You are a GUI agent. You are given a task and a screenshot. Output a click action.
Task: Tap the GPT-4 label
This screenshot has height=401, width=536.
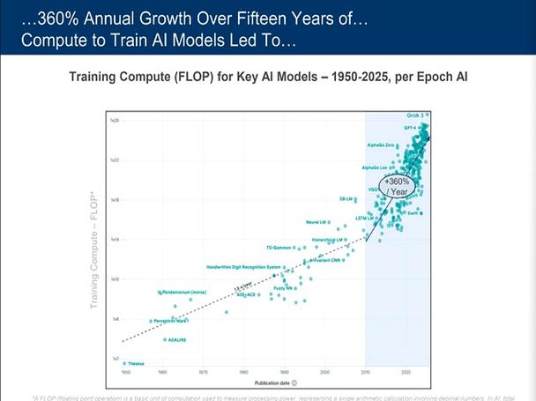click(411, 128)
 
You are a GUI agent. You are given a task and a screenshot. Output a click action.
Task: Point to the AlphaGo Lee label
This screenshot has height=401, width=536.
click(377, 167)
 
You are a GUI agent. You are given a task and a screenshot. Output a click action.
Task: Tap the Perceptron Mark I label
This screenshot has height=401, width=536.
click(173, 321)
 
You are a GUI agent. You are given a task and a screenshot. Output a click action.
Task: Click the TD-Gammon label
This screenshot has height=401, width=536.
click(279, 248)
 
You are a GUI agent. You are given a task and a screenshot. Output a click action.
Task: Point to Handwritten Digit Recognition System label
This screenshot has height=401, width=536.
click(243, 266)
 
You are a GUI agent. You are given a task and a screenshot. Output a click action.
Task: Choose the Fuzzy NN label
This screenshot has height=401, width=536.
click(283, 288)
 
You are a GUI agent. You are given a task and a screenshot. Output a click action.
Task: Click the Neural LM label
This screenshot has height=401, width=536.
click(317, 221)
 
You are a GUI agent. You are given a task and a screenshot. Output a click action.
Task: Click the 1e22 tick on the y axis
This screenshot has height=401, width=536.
click(114, 160)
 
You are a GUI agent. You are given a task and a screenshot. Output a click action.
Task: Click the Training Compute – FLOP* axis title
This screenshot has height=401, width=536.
click(93, 252)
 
